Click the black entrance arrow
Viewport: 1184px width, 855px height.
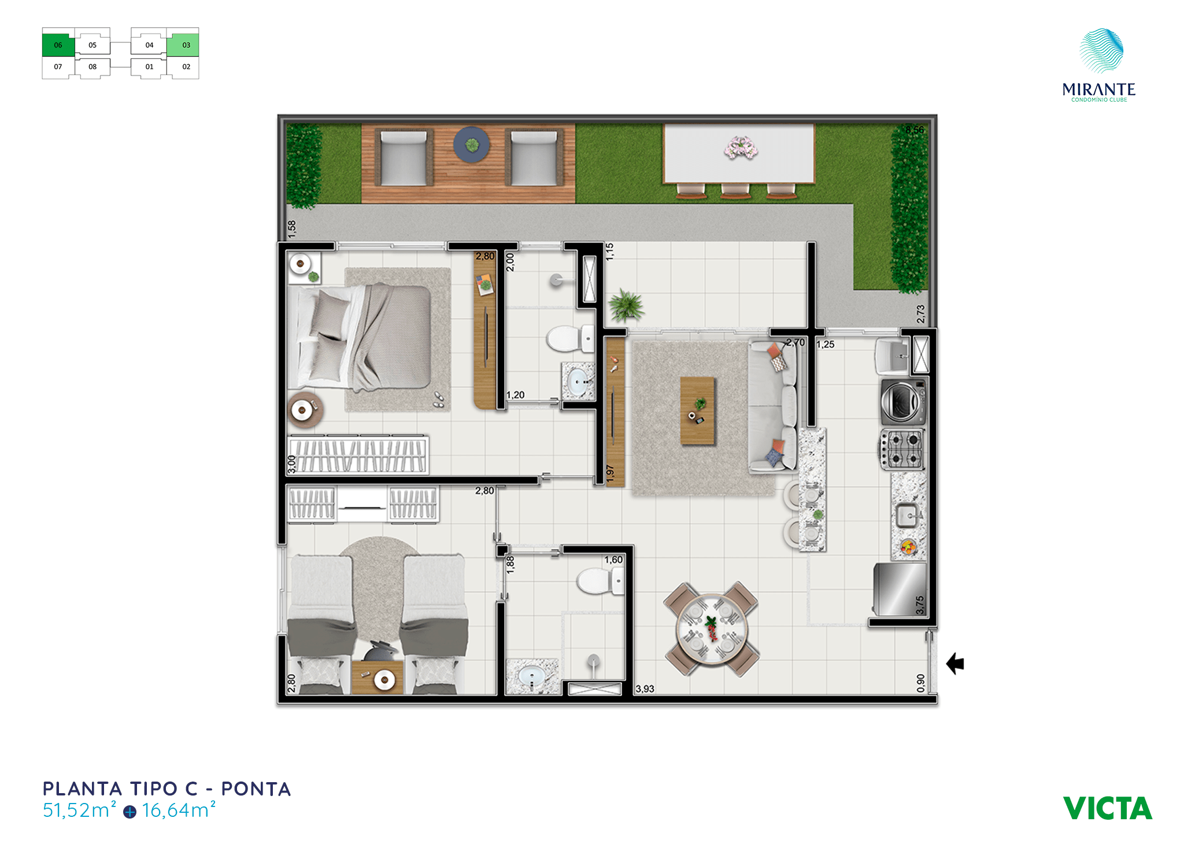coord(955,664)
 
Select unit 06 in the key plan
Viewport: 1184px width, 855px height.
coord(58,45)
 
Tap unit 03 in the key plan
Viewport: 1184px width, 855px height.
coord(183,45)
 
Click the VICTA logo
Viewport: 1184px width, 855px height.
coord(1107,808)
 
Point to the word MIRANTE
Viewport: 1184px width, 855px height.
coord(1099,90)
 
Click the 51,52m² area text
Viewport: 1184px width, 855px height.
coord(80,810)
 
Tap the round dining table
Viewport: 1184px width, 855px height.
coord(712,629)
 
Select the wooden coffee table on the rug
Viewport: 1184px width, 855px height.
coord(698,410)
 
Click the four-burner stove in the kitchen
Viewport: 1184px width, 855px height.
coord(902,449)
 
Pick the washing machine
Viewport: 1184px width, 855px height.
coord(902,401)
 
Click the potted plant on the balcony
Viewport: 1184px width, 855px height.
coord(626,305)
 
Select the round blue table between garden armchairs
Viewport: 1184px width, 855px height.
coord(471,145)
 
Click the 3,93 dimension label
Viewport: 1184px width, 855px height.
coord(645,689)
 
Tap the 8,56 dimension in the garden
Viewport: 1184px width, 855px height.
coord(915,130)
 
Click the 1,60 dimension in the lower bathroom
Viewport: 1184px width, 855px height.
coord(613,560)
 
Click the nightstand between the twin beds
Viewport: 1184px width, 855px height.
coord(378,678)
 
